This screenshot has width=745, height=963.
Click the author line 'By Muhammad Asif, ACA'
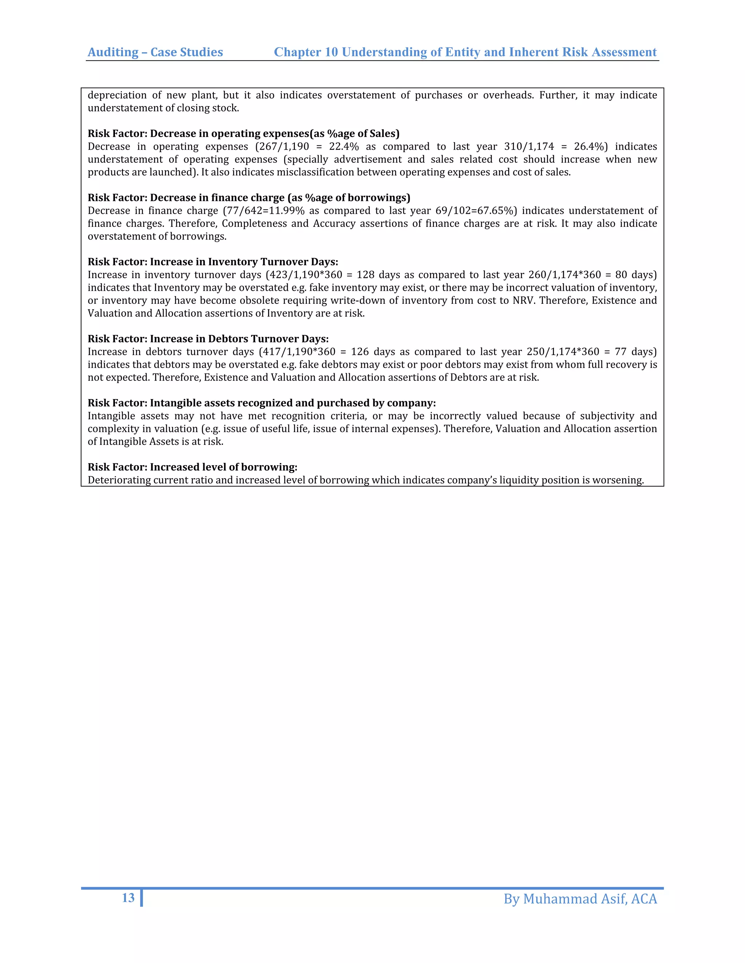click(580, 899)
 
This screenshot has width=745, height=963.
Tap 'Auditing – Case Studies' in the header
click(155, 52)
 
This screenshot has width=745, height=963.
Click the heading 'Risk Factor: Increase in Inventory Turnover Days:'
click(213, 262)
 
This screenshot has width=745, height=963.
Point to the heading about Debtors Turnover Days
click(208, 339)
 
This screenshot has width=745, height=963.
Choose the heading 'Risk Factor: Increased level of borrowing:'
click(192, 467)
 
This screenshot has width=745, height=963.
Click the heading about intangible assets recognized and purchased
click(262, 403)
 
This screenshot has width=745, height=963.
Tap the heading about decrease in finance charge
click(249, 198)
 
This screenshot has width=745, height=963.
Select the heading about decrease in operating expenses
click(244, 134)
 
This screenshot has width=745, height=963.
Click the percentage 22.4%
click(344, 146)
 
